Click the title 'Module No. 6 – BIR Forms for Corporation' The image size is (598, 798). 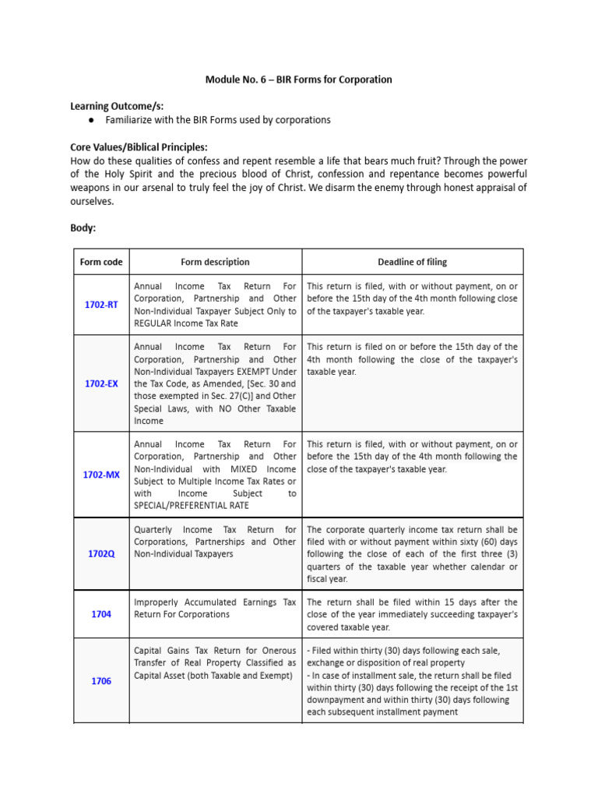[x=298, y=79]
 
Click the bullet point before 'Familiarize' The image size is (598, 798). [x=91, y=120]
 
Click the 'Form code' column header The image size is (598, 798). [x=101, y=262]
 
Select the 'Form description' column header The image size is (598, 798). [x=215, y=262]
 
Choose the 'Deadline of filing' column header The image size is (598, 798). [x=412, y=262]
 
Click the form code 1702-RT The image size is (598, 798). [x=101, y=305]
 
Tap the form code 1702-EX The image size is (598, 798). [x=101, y=383]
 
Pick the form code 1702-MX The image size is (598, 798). [x=101, y=475]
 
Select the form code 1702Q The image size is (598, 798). [x=101, y=554]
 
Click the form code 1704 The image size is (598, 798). [x=101, y=614]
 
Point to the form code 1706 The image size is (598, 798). [x=101, y=681]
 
